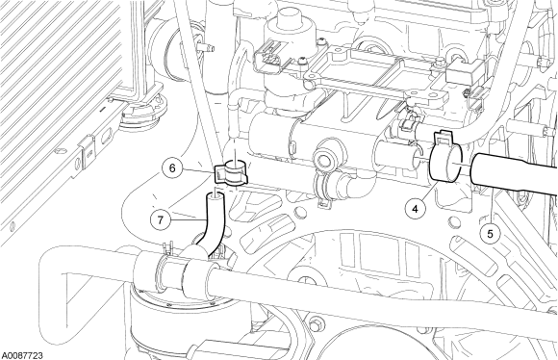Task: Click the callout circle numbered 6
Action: tap(172, 167)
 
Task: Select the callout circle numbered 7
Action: tap(160, 219)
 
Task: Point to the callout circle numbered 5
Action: tap(490, 234)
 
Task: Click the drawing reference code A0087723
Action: tap(22, 355)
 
